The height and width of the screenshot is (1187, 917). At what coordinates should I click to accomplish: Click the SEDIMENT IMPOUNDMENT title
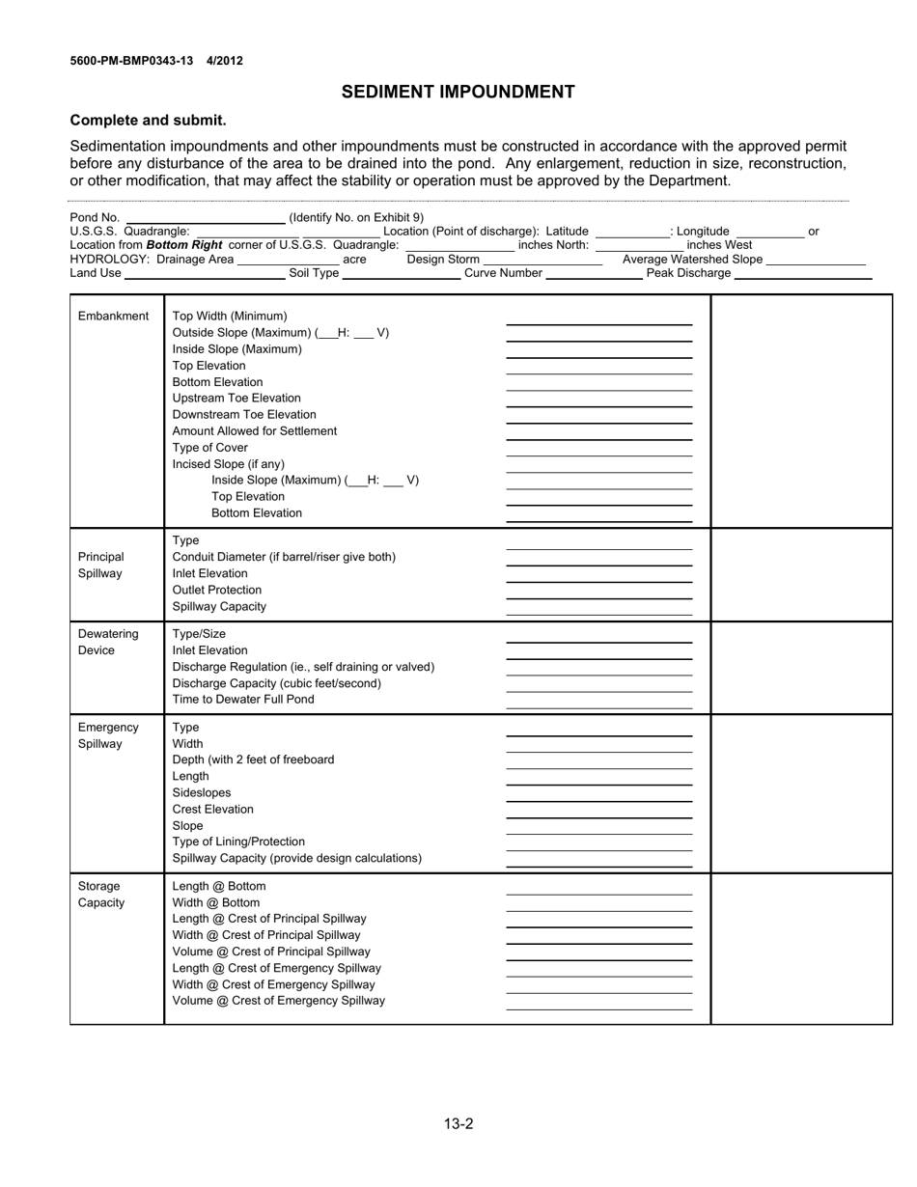click(x=458, y=92)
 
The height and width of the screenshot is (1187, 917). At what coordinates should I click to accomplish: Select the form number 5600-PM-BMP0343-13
click(x=131, y=61)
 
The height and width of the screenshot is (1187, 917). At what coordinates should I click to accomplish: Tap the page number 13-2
click(x=458, y=1123)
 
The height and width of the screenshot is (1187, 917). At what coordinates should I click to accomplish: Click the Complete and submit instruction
click(x=148, y=121)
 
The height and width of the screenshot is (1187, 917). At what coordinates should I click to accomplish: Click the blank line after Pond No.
click(x=206, y=220)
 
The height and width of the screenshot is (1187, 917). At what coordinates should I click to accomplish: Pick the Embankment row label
click(x=113, y=316)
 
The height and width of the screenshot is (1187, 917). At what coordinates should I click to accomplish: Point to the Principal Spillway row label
click(x=100, y=565)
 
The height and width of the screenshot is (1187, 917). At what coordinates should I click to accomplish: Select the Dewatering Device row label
click(x=108, y=642)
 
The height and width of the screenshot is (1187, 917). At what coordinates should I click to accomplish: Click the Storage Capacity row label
click(x=100, y=894)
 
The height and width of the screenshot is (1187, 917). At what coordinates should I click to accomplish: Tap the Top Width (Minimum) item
click(x=230, y=316)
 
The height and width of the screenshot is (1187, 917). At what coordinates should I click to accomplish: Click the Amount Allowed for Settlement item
click(x=255, y=430)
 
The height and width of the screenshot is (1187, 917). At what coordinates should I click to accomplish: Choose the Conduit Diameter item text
click(x=284, y=557)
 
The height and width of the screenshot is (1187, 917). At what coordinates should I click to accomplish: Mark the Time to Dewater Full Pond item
click(x=243, y=699)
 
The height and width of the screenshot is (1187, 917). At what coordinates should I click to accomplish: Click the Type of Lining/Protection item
click(x=238, y=842)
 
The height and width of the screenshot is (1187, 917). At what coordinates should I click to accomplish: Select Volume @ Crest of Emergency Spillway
click(x=278, y=1001)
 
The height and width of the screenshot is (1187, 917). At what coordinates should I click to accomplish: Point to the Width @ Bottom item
click(x=216, y=902)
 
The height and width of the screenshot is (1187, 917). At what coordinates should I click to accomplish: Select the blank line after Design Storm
click(x=542, y=262)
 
